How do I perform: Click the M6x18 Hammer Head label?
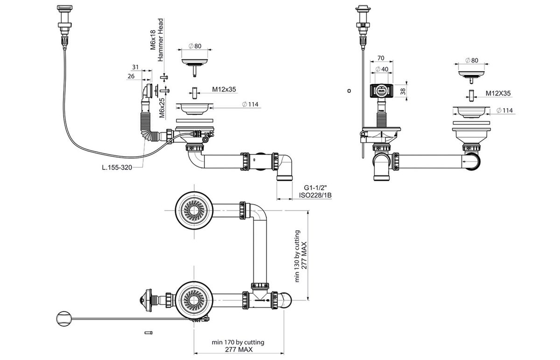[x=157, y=40]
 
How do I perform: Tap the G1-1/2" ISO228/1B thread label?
[x=315, y=191]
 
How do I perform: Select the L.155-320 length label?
[x=117, y=167]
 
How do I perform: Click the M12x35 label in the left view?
[x=224, y=90]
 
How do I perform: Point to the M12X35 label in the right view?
[x=498, y=93]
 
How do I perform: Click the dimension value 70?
[x=381, y=58]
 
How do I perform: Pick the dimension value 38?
[x=403, y=92]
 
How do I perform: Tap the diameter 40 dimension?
[x=382, y=69]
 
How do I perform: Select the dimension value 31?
[x=135, y=67]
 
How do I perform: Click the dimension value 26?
[x=131, y=76]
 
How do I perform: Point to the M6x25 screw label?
[x=162, y=108]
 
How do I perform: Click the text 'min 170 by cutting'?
[x=238, y=342]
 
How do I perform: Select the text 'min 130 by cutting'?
[x=297, y=256]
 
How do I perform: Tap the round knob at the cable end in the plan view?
[x=64, y=318]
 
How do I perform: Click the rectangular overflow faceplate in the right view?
[x=382, y=91]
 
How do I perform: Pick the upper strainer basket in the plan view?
[x=194, y=211]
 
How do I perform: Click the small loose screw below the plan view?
[x=148, y=333]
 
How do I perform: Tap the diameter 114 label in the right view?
[x=504, y=111]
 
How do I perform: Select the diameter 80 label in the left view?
[x=195, y=46]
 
